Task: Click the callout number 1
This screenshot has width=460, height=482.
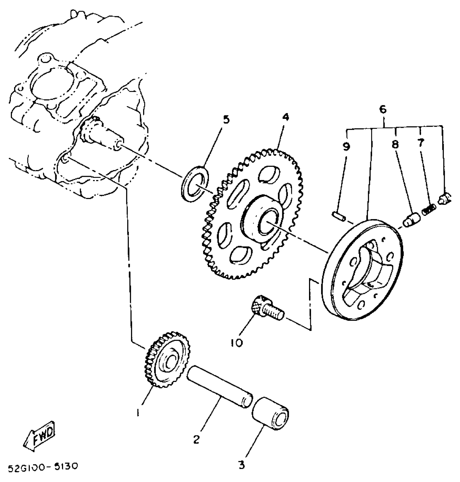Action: (138, 412)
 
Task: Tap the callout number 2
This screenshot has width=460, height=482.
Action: (196, 439)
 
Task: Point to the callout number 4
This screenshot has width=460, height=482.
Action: (285, 117)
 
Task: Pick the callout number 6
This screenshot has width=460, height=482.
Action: (383, 109)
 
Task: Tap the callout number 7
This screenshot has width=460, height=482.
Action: (420, 143)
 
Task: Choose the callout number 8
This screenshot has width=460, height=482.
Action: (395, 144)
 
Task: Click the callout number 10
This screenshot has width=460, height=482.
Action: (237, 343)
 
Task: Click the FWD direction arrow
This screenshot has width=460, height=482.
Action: (40, 437)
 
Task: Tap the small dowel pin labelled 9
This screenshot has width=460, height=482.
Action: (338, 216)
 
